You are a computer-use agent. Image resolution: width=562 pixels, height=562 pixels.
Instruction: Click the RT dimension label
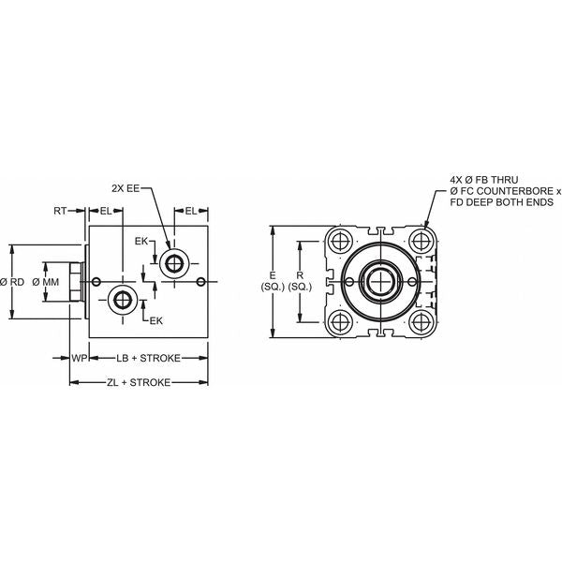click(x=59, y=212)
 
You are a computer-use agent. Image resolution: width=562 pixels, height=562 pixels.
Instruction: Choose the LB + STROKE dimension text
click(x=148, y=358)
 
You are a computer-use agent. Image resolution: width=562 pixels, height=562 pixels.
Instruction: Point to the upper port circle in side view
click(x=171, y=261)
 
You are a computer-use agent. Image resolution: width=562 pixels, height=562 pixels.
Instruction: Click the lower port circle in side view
click(x=123, y=300)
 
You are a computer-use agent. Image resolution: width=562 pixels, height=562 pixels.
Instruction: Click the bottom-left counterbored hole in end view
click(x=339, y=320)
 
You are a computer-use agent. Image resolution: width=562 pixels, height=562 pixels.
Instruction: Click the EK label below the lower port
click(x=156, y=320)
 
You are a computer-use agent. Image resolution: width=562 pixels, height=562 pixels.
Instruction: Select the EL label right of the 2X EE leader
click(x=191, y=212)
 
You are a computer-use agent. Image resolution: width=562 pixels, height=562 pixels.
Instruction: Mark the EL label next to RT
click(x=107, y=212)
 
